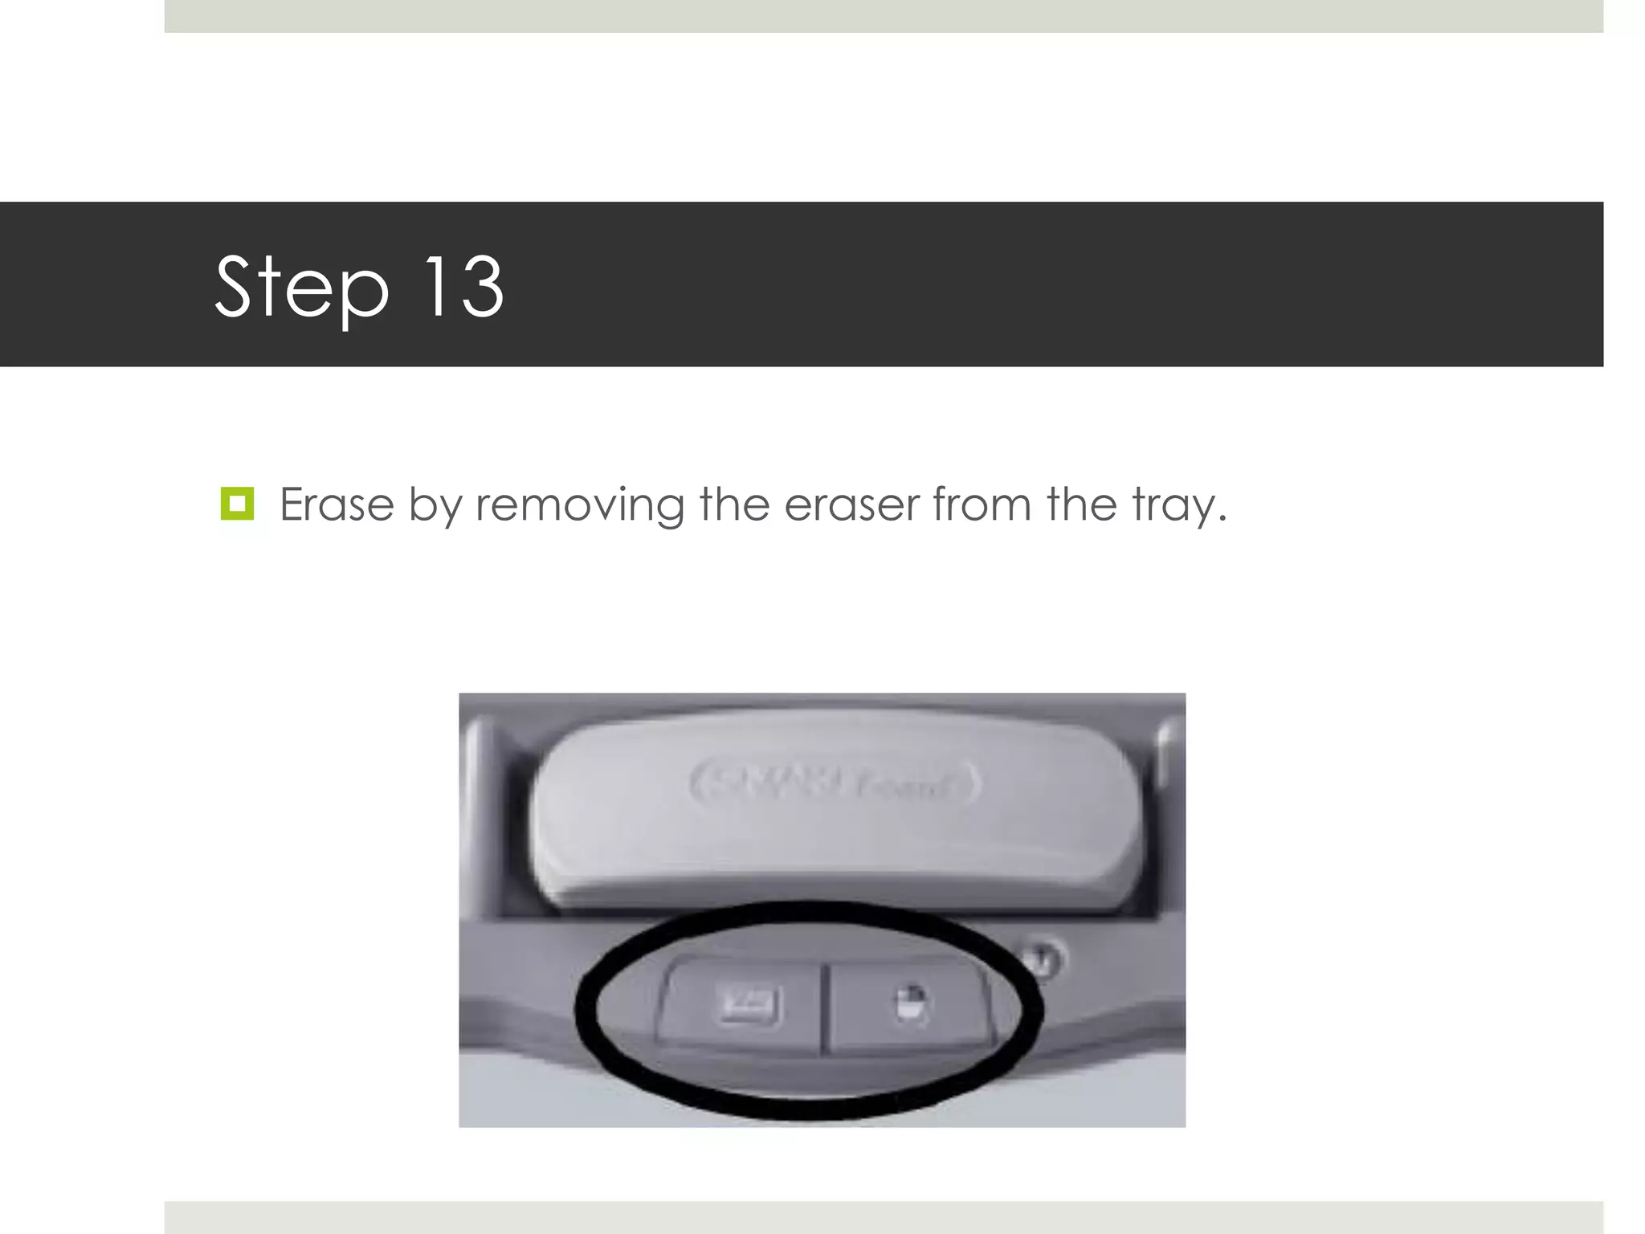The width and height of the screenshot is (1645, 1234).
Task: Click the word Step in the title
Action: coord(302,287)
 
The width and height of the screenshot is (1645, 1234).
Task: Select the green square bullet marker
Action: coord(237,504)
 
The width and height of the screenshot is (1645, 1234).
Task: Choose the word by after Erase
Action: coord(435,506)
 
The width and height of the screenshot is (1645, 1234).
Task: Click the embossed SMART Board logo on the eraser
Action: coord(835,783)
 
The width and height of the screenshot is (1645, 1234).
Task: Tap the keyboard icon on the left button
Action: coord(749,1006)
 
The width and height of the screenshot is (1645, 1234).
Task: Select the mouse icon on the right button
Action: coord(910,1004)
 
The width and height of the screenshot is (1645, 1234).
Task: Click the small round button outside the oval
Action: coord(1041,959)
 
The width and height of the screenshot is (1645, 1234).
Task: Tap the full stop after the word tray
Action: coord(1223,519)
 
